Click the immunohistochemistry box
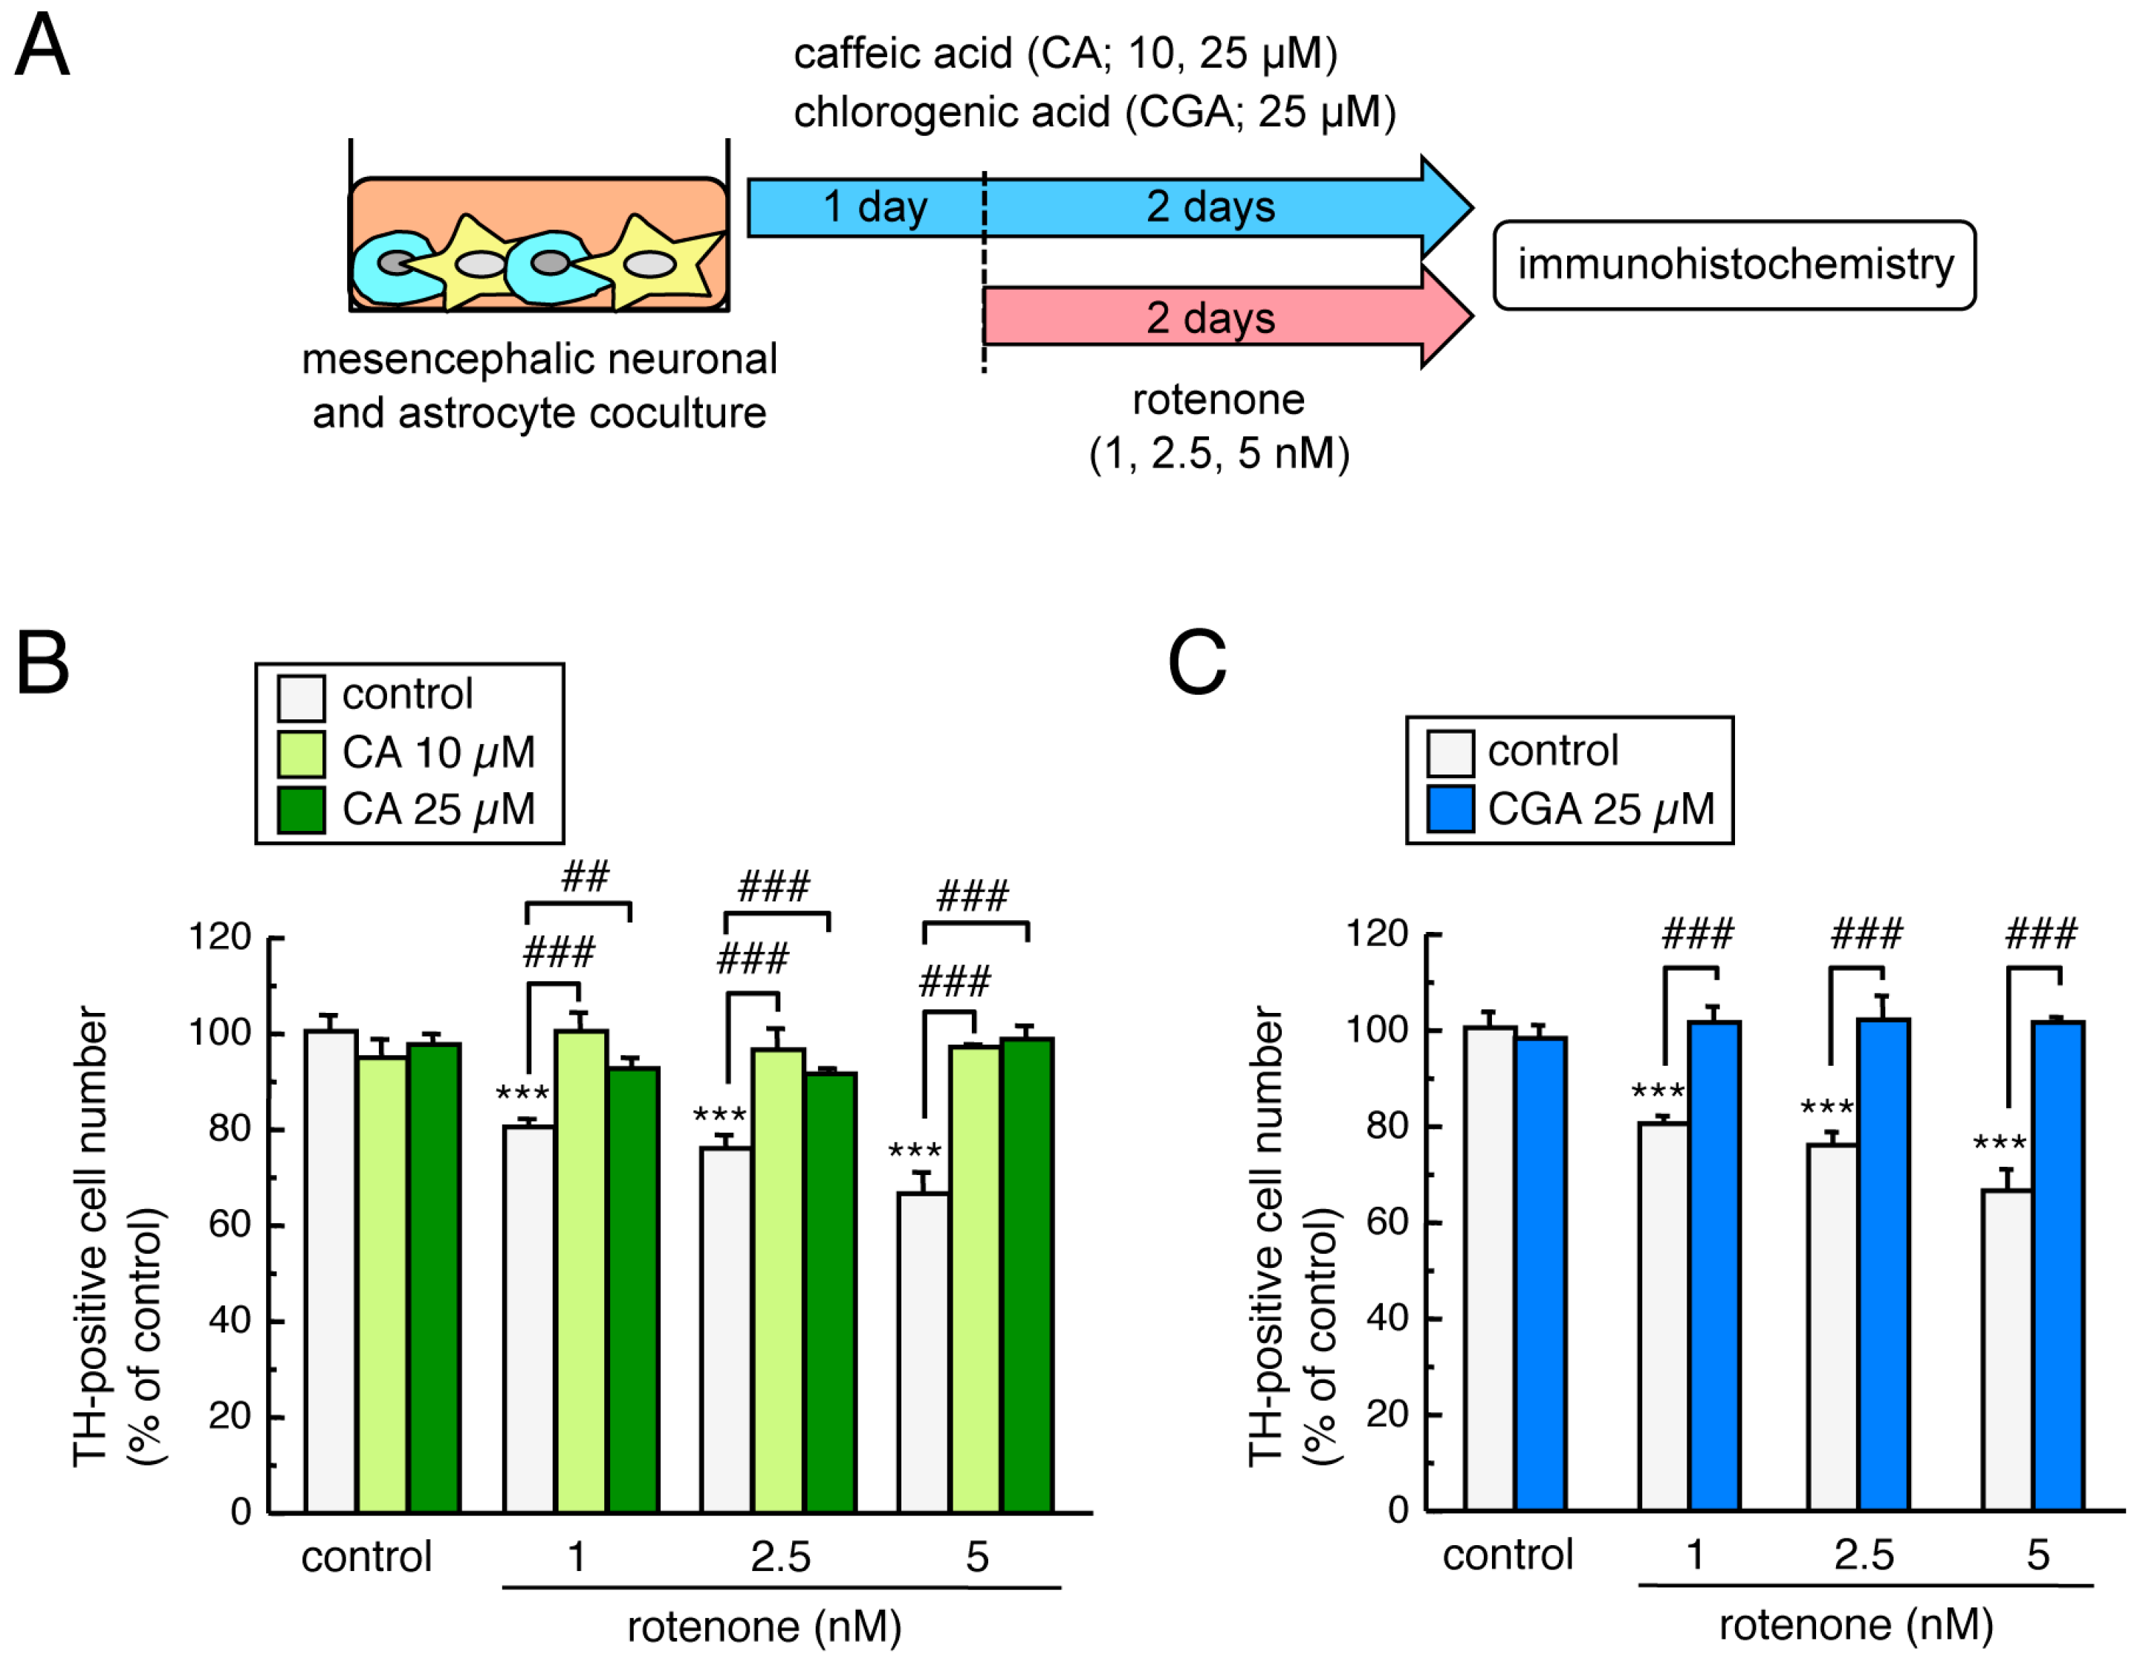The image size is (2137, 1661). click(1734, 265)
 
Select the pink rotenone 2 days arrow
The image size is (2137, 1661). click(1210, 318)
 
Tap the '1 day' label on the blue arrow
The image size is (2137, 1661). click(874, 207)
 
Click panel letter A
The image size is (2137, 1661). click(42, 46)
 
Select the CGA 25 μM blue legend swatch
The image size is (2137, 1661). click(1450, 809)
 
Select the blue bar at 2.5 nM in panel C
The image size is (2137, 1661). click(1883, 1263)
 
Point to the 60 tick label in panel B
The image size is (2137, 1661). click(231, 1225)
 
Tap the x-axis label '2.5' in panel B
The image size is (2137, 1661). click(780, 1557)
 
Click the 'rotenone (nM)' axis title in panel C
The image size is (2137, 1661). click(1855, 1626)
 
